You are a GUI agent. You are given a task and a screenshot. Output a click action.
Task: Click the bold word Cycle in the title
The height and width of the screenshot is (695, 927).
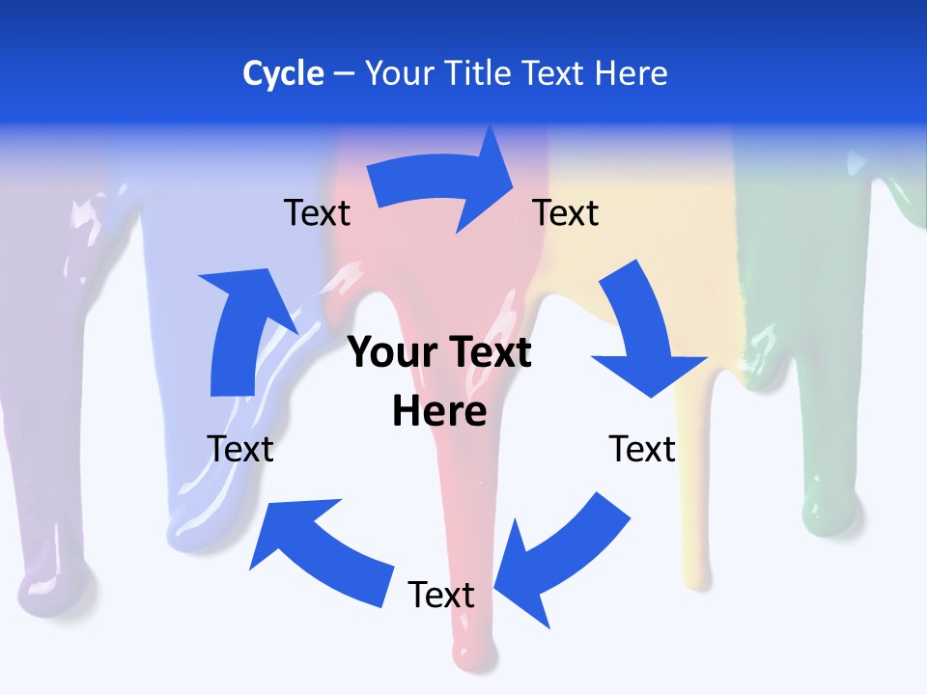[x=283, y=73]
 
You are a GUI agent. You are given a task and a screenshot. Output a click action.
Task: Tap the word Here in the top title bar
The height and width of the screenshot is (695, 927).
[x=631, y=73]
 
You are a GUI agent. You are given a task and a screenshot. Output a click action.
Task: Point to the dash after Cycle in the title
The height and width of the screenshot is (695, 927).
[x=344, y=74]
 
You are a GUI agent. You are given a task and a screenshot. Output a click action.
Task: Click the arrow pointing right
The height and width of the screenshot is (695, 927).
[x=444, y=183]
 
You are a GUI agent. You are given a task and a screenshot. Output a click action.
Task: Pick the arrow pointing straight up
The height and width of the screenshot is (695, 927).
[x=241, y=328]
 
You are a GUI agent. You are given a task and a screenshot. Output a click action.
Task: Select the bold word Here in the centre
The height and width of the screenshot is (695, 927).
[x=439, y=411]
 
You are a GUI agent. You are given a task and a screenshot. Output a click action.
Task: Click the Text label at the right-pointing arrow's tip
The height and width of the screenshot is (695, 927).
[x=566, y=212]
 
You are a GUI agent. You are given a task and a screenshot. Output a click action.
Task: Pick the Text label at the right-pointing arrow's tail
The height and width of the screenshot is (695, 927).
[x=317, y=212]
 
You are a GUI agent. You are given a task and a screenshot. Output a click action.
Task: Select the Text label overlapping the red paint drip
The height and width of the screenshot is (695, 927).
[x=441, y=595]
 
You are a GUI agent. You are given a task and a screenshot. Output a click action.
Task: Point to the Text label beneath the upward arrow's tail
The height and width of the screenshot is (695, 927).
[x=240, y=449]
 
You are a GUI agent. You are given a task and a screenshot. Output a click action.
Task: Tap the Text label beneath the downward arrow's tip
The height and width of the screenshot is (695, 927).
[x=642, y=449]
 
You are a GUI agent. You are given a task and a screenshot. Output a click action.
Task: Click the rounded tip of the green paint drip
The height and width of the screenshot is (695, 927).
[x=829, y=512]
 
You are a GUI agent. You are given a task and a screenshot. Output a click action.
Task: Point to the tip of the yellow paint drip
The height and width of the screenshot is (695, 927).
[x=697, y=575]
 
